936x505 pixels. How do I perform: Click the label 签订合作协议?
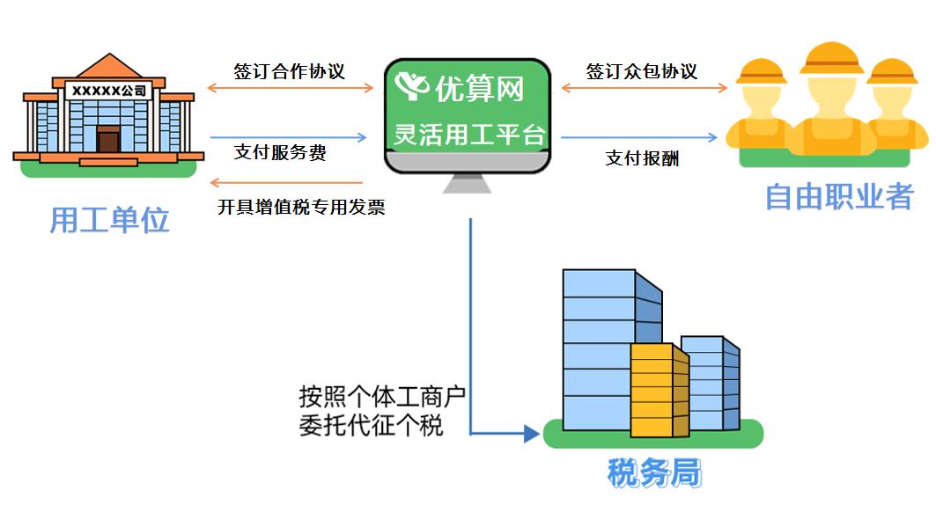click(x=289, y=71)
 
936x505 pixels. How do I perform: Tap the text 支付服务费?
click(x=279, y=152)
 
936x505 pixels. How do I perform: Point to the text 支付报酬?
click(x=642, y=158)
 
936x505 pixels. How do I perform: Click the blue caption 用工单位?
click(x=108, y=220)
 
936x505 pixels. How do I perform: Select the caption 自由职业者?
click(x=838, y=196)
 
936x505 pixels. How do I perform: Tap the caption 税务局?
click(x=654, y=473)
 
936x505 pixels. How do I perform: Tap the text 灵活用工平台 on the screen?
click(x=469, y=135)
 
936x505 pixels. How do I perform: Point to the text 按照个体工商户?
click(x=381, y=397)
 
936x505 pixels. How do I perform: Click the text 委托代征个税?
click(x=371, y=427)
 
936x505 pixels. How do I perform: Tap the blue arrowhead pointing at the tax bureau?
click(x=530, y=433)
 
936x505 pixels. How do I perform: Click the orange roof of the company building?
click(x=108, y=67)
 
